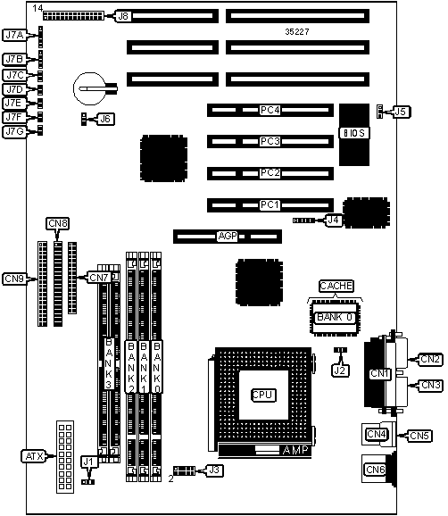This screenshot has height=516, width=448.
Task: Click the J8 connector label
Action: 123,16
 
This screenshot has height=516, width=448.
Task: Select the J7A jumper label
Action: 14,35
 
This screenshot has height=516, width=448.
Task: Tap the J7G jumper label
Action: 14,131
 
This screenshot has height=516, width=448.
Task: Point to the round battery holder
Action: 90,88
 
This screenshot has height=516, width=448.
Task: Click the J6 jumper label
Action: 105,119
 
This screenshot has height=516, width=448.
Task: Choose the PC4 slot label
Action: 270,110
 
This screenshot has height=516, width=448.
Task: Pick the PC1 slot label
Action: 270,205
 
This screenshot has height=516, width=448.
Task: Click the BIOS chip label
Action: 354,133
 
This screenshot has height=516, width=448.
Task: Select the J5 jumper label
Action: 401,112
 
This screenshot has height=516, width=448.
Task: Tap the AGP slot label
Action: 228,236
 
